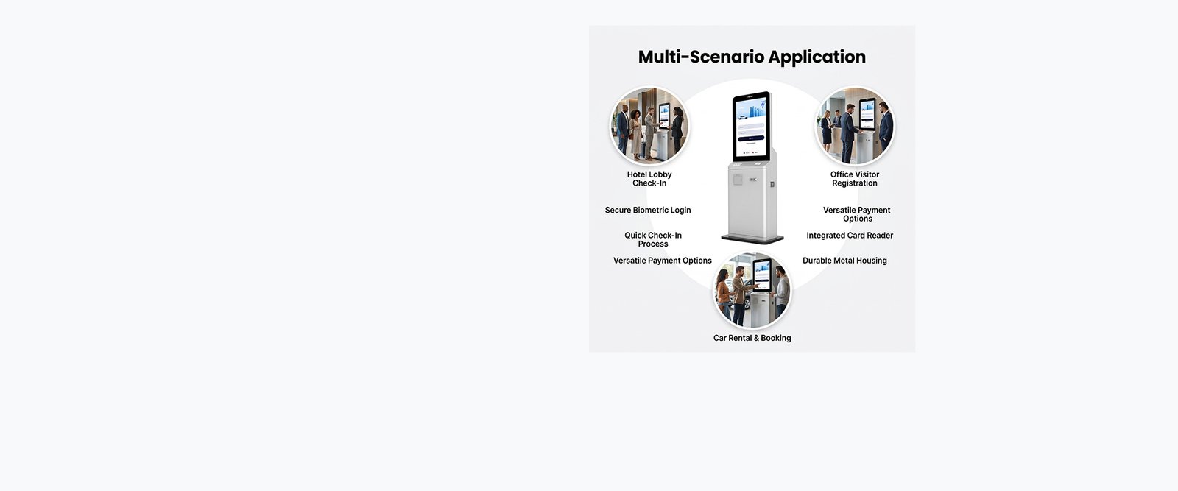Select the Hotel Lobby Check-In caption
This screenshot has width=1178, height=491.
(649, 179)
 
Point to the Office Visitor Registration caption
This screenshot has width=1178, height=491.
(855, 179)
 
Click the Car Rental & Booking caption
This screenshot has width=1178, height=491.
(752, 338)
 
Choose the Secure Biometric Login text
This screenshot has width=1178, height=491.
(648, 211)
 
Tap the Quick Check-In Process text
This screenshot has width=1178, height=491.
(653, 240)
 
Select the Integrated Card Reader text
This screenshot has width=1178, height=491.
(850, 236)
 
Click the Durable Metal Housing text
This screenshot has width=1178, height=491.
(844, 261)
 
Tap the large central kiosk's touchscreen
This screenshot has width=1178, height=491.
(752, 127)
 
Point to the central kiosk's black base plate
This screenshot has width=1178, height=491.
(752, 239)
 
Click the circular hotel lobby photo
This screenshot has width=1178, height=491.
(649, 126)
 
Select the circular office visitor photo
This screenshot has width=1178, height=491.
(855, 126)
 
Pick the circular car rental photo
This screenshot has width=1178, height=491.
(752, 290)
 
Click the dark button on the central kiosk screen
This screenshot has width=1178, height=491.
(752, 138)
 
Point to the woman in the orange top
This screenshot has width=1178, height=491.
(724, 295)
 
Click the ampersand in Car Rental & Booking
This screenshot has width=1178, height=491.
(755, 338)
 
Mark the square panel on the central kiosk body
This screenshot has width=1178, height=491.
(738, 180)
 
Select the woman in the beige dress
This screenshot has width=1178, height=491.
(636, 134)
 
